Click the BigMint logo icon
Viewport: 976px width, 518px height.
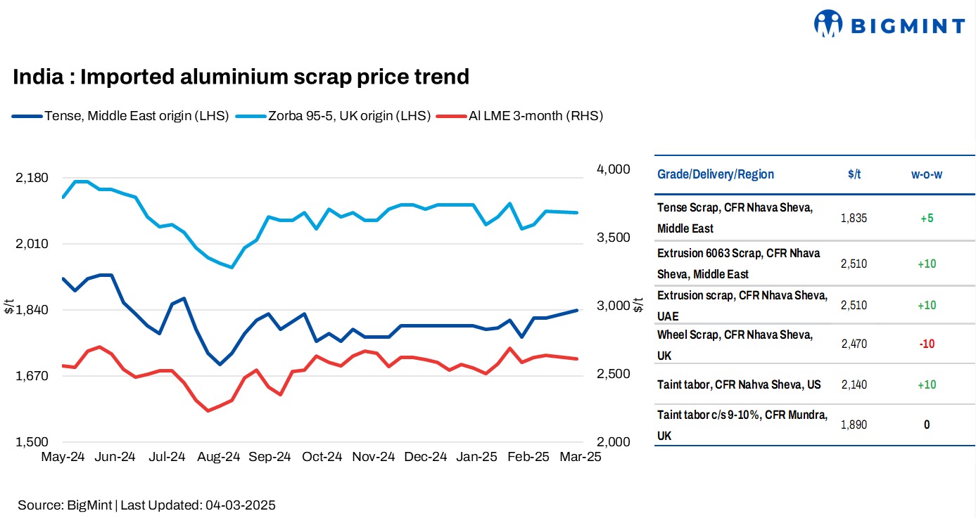[829, 23]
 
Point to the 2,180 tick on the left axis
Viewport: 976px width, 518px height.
[32, 178]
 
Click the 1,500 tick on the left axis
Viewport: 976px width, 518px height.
[32, 442]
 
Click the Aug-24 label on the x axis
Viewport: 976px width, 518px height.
[218, 457]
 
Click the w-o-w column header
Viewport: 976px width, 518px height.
[926, 174]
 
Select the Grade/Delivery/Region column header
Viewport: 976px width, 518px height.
[715, 174]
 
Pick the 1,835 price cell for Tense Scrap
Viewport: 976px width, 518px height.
[854, 218]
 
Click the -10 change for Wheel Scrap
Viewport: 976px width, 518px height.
[926, 344]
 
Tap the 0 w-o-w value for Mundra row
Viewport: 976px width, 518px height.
[926, 425]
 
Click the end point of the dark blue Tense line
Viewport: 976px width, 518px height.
[577, 310]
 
